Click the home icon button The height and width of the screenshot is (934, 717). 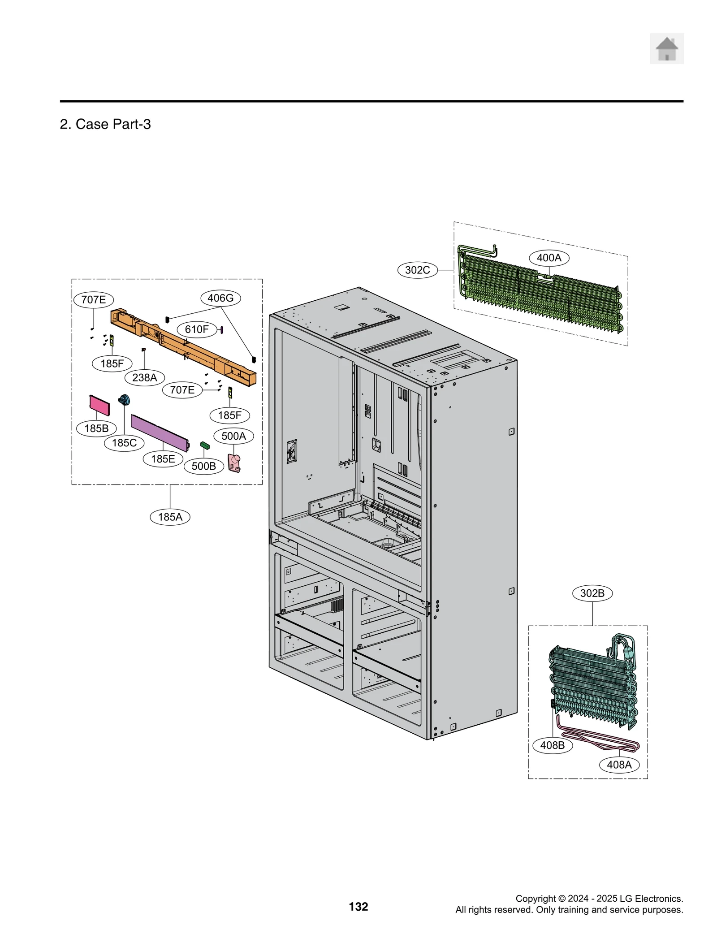(x=666, y=48)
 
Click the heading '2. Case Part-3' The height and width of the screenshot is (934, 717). (x=105, y=124)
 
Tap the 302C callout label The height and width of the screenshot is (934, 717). (x=417, y=270)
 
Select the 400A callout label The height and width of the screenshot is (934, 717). (x=549, y=258)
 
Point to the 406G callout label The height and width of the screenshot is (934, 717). (x=220, y=298)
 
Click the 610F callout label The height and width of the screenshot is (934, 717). (x=197, y=329)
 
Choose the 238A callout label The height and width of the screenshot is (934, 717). (x=144, y=377)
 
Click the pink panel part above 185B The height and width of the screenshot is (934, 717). (x=99, y=405)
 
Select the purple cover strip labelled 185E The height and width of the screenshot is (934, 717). (x=159, y=432)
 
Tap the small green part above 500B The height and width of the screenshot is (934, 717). (x=205, y=445)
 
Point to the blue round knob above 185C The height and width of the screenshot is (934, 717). (x=124, y=400)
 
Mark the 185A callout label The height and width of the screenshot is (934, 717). (x=170, y=517)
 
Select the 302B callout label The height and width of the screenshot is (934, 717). (x=592, y=593)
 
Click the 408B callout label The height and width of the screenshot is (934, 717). (x=552, y=745)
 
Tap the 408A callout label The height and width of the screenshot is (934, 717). (x=619, y=765)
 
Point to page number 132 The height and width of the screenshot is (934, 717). (x=358, y=907)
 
